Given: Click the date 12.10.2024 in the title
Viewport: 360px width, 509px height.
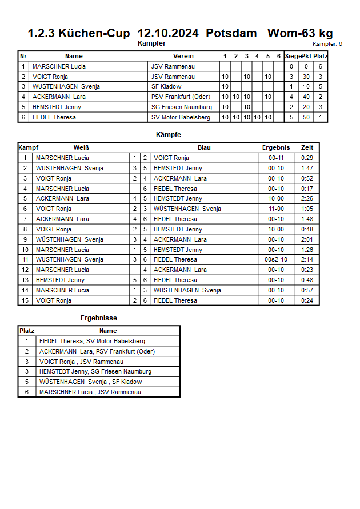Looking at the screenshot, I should pyautogui.click(x=169, y=33).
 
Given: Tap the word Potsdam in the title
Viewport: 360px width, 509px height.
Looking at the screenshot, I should pyautogui.click(x=231, y=33).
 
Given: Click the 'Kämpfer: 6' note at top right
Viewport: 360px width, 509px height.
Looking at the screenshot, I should pyautogui.click(x=327, y=44).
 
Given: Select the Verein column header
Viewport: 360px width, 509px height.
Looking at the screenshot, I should pyautogui.click(x=183, y=56).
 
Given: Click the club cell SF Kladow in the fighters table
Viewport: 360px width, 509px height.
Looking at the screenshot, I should pyautogui.click(x=166, y=87).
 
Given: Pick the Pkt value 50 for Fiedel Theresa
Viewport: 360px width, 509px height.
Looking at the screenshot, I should pyautogui.click(x=306, y=117).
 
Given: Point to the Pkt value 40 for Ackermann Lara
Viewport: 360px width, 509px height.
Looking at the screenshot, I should pyautogui.click(x=306, y=97).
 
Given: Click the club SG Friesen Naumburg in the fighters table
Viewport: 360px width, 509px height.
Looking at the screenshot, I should pyautogui.click(x=181, y=107).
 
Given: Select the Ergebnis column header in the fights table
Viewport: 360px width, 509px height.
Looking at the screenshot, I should pyautogui.click(x=276, y=147).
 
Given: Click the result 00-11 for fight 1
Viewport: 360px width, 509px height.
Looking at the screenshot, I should pyautogui.click(x=276, y=158).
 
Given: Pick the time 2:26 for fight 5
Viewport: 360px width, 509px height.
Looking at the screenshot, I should pyautogui.click(x=307, y=198).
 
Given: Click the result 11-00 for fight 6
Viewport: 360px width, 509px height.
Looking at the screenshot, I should pyautogui.click(x=276, y=209).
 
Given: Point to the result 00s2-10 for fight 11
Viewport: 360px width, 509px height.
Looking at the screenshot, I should pyautogui.click(x=276, y=259).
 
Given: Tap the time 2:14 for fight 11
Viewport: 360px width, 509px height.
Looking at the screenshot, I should pyautogui.click(x=307, y=259).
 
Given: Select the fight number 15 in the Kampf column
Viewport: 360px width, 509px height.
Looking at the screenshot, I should pyautogui.click(x=25, y=300).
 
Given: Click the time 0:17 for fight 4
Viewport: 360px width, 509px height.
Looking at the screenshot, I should pyautogui.click(x=307, y=189).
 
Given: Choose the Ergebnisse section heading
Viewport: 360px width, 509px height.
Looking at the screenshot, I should pyautogui.click(x=99, y=318).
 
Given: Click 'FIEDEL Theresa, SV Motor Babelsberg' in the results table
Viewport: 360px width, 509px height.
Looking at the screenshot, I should pyautogui.click(x=92, y=341).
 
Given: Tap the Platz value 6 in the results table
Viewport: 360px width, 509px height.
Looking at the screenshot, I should pyautogui.click(x=27, y=392).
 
